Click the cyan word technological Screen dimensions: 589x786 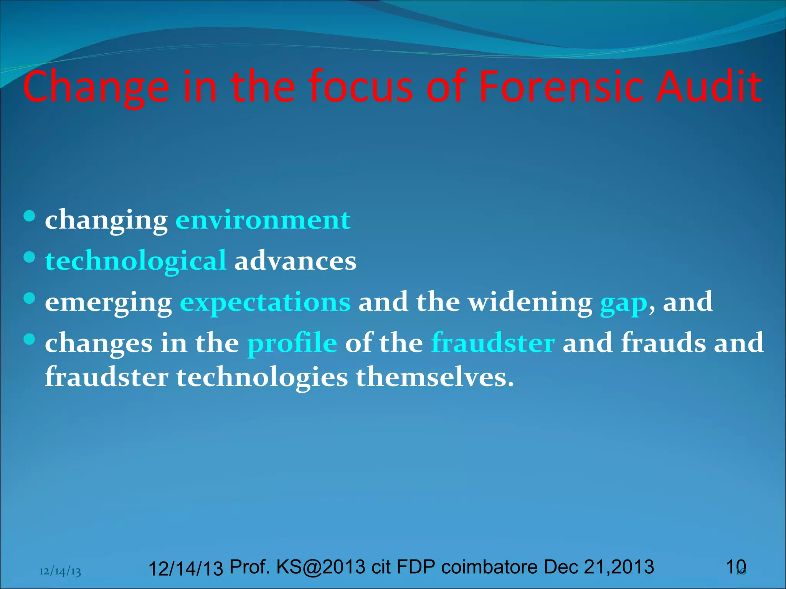point(136,261)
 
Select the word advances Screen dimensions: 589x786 point(295,261)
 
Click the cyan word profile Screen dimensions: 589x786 point(292,343)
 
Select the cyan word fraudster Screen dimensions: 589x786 point(493,343)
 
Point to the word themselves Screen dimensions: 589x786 point(434,377)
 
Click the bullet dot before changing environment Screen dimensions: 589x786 point(29,216)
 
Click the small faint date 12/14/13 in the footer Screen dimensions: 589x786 point(60,572)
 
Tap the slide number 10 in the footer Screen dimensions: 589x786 point(736,567)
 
